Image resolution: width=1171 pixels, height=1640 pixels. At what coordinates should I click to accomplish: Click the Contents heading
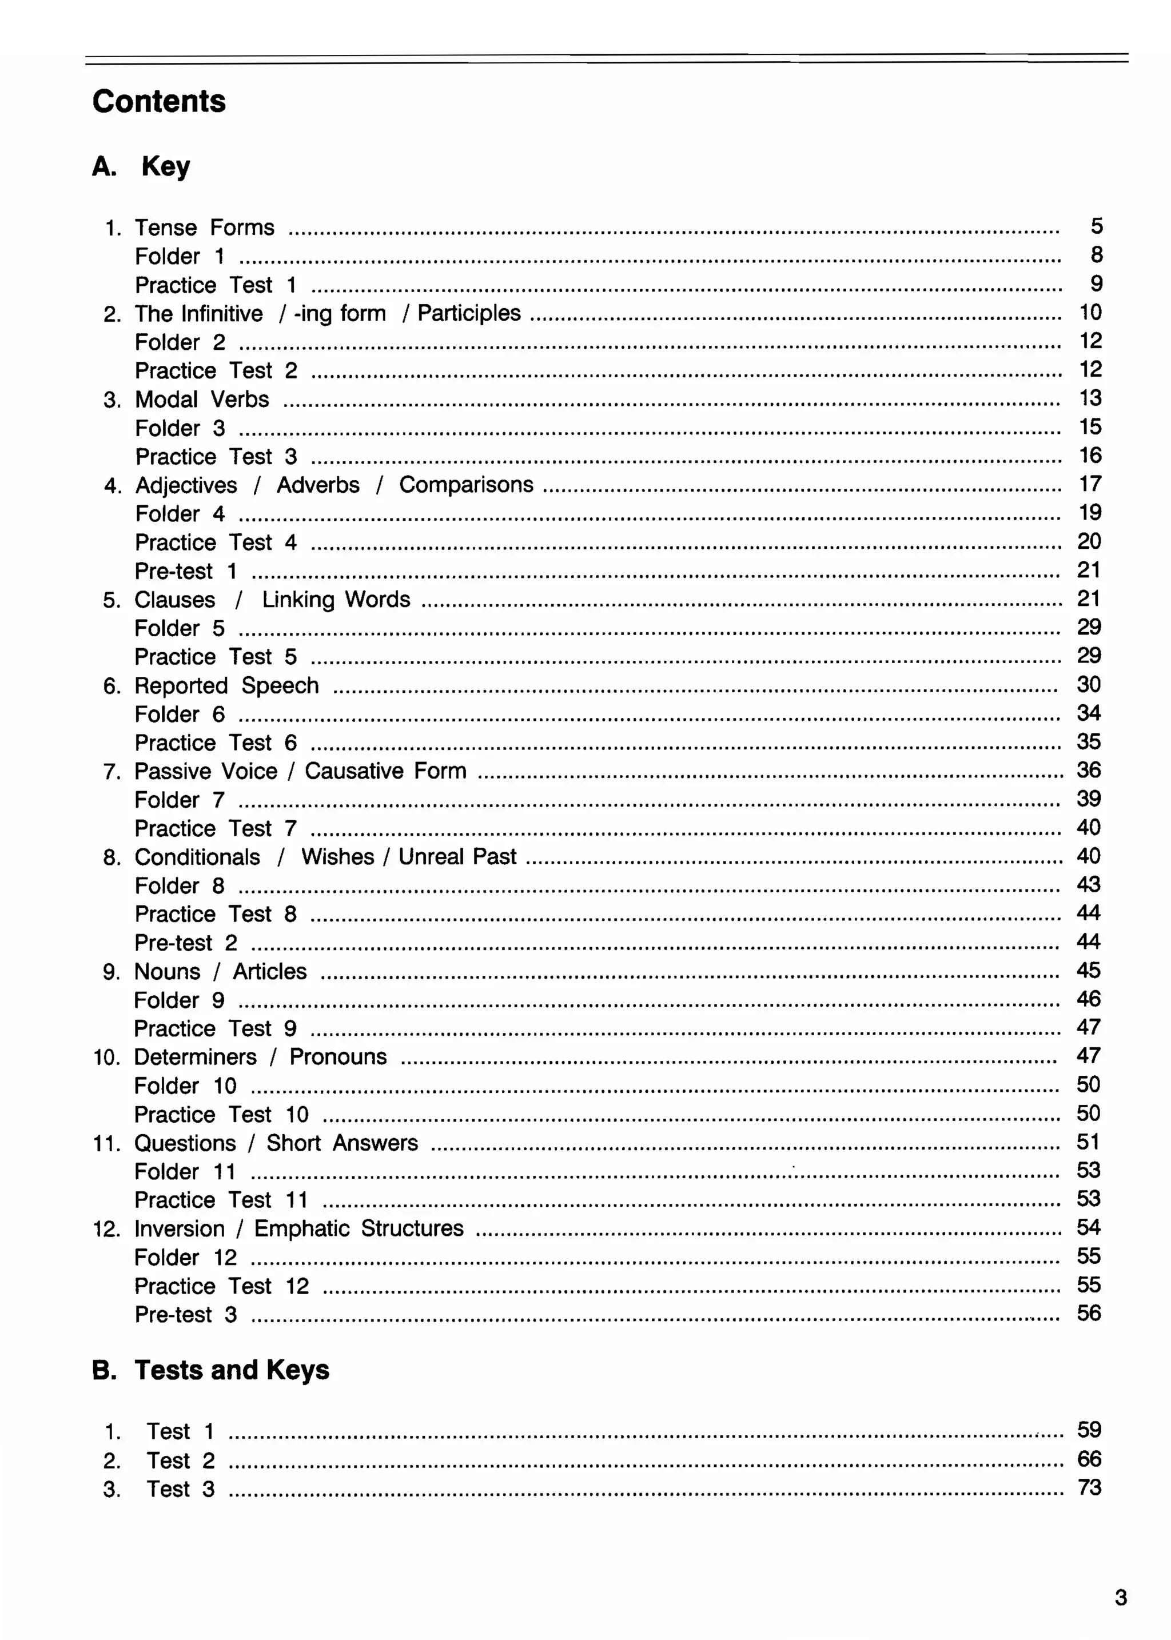[158, 101]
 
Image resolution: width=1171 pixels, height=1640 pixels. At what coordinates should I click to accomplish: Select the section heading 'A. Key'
[141, 166]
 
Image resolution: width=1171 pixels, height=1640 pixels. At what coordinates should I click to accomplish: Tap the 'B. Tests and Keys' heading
[210, 1370]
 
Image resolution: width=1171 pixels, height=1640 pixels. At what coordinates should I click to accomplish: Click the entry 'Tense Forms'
[204, 228]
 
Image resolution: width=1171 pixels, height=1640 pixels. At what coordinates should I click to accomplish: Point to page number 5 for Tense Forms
[1096, 226]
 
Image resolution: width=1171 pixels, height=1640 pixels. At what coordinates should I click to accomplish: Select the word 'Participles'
[469, 313]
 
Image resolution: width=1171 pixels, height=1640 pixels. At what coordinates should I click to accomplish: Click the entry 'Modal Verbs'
[202, 400]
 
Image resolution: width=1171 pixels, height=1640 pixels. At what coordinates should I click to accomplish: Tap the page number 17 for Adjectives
[1089, 484]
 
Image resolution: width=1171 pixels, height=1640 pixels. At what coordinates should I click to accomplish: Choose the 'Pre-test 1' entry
[185, 572]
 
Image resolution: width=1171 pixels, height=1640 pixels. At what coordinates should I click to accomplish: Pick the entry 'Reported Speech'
[226, 685]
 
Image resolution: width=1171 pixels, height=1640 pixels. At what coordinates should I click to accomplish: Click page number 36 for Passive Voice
[1088, 770]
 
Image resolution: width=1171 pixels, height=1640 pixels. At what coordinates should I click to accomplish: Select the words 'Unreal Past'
[457, 856]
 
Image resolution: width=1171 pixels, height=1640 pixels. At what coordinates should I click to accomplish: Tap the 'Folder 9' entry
[179, 1000]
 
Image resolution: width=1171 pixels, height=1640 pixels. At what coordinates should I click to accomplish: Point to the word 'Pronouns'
[337, 1057]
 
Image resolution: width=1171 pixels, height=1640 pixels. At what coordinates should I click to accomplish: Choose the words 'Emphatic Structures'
[359, 1228]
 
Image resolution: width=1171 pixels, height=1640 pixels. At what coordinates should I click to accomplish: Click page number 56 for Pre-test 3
[1088, 1314]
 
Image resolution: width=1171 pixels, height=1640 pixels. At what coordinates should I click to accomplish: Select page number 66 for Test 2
[1089, 1459]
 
